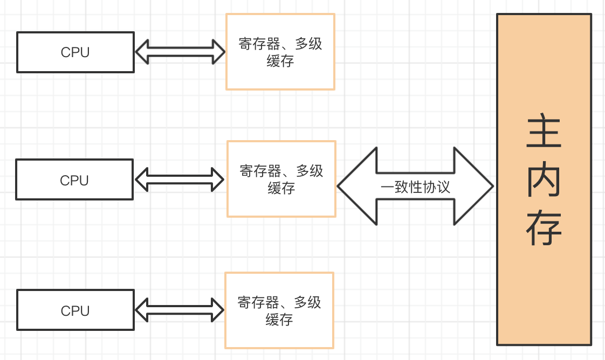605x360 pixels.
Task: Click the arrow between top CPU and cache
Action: (x=180, y=52)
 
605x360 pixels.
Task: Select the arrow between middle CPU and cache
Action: (x=180, y=179)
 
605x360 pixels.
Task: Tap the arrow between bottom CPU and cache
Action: (x=180, y=310)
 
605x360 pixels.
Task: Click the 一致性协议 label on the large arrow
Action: (x=415, y=186)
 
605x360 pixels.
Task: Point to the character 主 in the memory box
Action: (x=544, y=132)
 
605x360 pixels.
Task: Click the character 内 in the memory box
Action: (x=544, y=181)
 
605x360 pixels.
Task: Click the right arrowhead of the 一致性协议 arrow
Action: (x=475, y=186)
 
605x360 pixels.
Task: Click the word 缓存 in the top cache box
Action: (x=280, y=61)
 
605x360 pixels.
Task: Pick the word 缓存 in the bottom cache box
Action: (x=279, y=320)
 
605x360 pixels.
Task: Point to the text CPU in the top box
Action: (x=75, y=52)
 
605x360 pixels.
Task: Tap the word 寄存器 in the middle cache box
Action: (x=260, y=171)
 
